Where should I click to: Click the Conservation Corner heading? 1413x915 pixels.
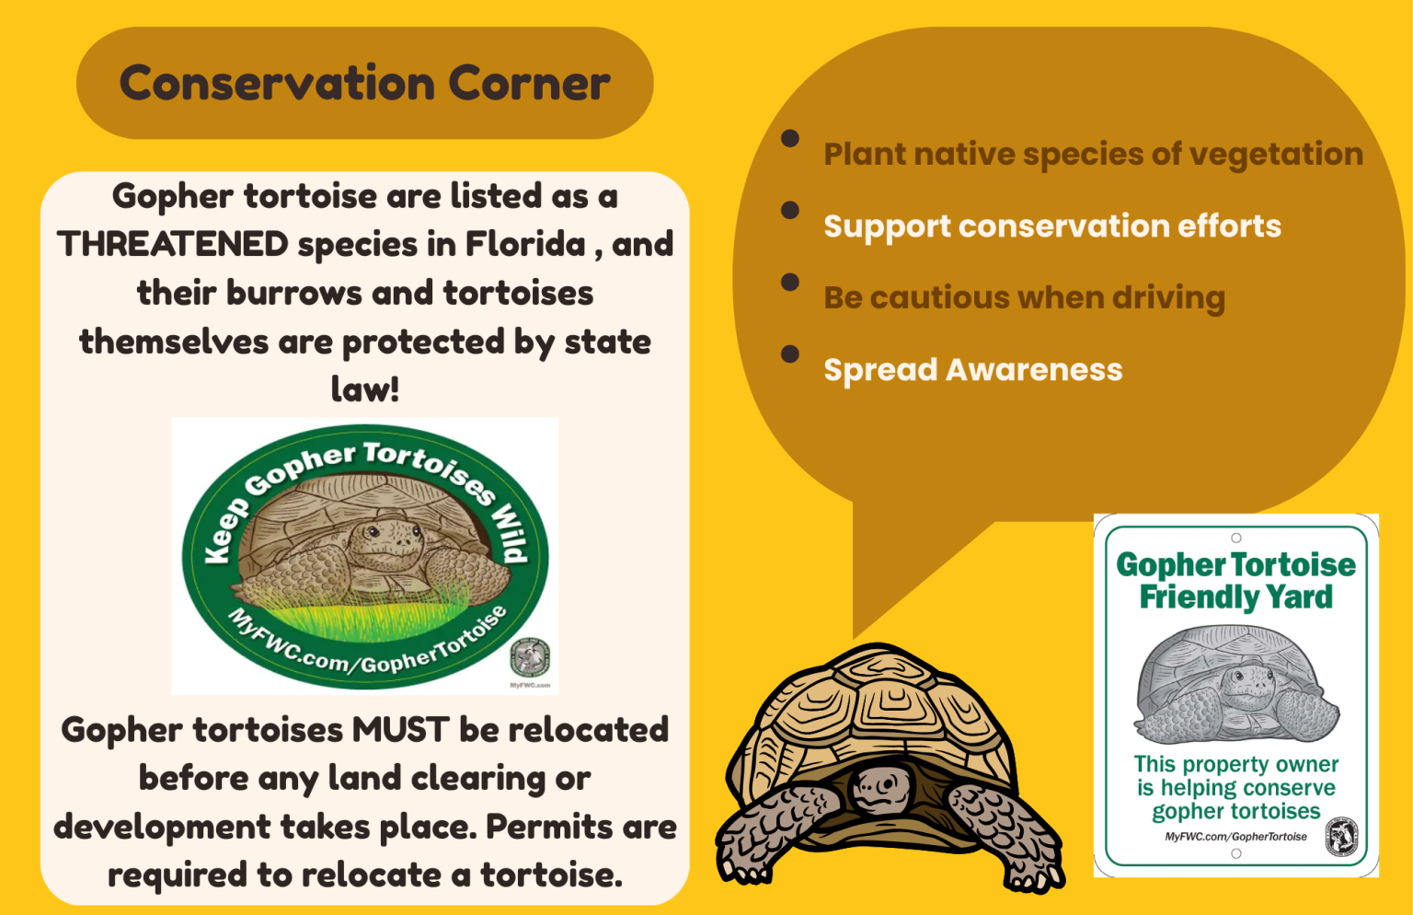364,84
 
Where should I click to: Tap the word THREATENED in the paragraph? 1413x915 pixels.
173,245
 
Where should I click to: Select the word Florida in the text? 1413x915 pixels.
525,245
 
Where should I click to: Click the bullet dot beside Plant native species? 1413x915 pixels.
789,139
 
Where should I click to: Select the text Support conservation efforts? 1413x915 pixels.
1051,226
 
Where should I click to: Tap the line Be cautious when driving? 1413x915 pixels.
1024,298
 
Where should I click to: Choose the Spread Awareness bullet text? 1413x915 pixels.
972,370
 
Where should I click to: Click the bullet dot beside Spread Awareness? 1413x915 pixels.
789,354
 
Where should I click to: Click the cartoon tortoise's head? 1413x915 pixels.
879,788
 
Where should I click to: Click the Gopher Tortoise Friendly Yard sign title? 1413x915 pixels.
1235,581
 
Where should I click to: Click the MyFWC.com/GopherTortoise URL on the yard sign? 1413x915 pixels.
1235,837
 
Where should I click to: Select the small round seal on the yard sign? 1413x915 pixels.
1341,837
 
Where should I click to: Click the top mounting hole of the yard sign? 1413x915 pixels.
1236,538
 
